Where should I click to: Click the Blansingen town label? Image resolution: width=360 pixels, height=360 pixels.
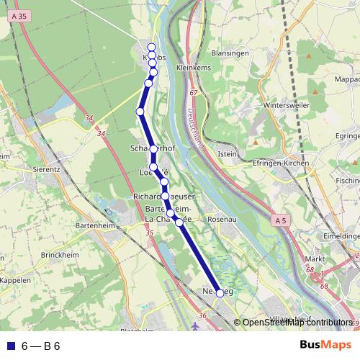(x=230, y=53)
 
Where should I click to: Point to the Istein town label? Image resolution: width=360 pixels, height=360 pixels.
(x=227, y=153)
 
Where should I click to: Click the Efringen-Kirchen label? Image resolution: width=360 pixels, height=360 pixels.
(x=276, y=163)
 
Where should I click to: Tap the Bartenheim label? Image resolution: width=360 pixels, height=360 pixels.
(x=95, y=225)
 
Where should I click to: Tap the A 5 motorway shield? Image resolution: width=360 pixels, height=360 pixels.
(x=281, y=219)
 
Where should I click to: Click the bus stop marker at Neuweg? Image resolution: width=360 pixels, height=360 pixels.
(x=220, y=293)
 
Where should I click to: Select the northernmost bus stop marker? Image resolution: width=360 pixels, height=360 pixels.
(x=151, y=48)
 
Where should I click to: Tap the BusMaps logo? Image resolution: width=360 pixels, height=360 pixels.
(x=325, y=346)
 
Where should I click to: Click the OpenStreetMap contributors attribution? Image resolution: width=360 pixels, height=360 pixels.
(x=296, y=323)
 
